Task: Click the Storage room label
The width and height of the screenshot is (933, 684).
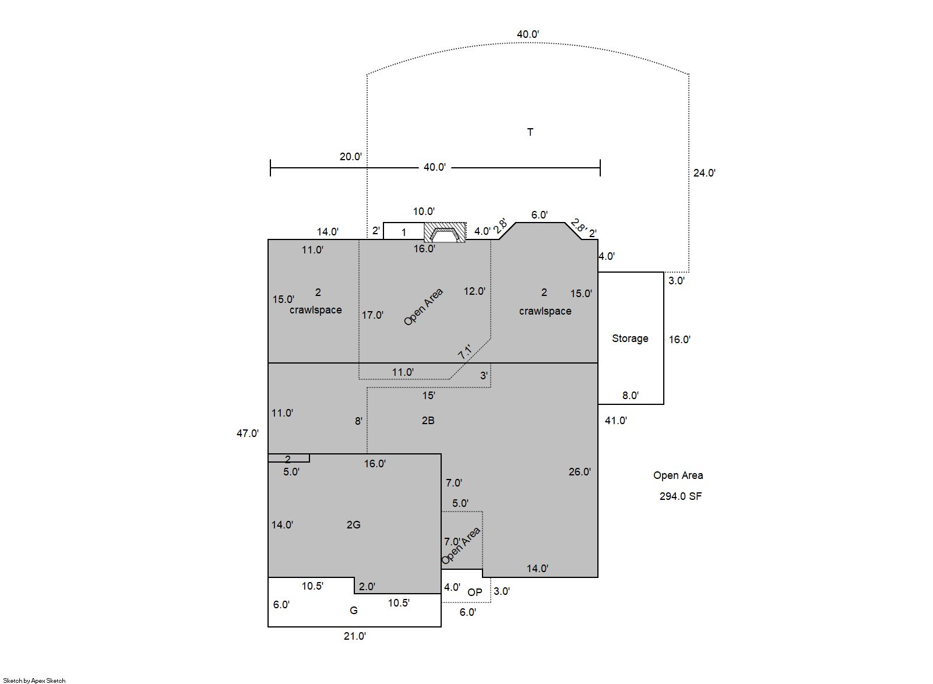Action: pyautogui.click(x=630, y=339)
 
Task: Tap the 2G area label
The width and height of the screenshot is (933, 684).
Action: pyautogui.click(x=354, y=524)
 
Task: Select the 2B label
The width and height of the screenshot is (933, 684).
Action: pyautogui.click(x=428, y=421)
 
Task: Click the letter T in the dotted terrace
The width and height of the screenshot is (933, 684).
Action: pyautogui.click(x=530, y=132)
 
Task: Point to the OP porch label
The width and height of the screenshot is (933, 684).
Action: pyautogui.click(x=475, y=592)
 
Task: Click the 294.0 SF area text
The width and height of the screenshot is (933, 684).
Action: pyautogui.click(x=681, y=496)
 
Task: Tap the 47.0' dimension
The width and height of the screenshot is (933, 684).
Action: pyautogui.click(x=248, y=433)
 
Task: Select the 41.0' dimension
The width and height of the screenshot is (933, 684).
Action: pyautogui.click(x=616, y=421)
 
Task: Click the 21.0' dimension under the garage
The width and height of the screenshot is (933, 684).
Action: pyautogui.click(x=355, y=636)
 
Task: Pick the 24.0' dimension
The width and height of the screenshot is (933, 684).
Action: pyautogui.click(x=705, y=173)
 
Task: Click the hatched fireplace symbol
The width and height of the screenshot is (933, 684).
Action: pyautogui.click(x=445, y=232)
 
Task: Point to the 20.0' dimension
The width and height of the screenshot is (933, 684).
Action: pyautogui.click(x=351, y=157)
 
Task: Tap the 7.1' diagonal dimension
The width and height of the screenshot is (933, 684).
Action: pyautogui.click(x=465, y=352)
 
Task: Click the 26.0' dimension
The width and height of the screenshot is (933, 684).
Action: pyautogui.click(x=580, y=472)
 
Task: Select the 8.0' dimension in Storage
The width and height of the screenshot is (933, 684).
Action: pyautogui.click(x=631, y=396)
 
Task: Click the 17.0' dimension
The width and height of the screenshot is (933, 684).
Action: pyautogui.click(x=373, y=315)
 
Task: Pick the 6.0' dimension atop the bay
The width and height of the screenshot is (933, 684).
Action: pyautogui.click(x=540, y=215)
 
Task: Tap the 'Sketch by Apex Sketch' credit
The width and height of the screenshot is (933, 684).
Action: pyautogui.click(x=34, y=681)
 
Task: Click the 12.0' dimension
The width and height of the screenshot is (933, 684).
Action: pyautogui.click(x=475, y=291)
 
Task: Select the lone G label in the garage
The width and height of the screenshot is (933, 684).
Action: pyautogui.click(x=354, y=611)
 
